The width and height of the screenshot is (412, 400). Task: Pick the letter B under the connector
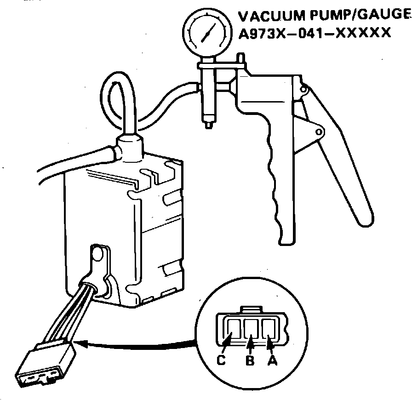point(250,361)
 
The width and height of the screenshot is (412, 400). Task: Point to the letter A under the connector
point(272,361)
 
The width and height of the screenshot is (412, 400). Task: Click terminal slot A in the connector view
point(269,329)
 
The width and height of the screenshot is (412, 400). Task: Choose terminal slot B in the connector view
point(251,329)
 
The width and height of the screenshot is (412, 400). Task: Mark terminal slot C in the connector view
point(233,329)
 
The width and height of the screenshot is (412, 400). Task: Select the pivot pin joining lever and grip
point(317,132)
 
